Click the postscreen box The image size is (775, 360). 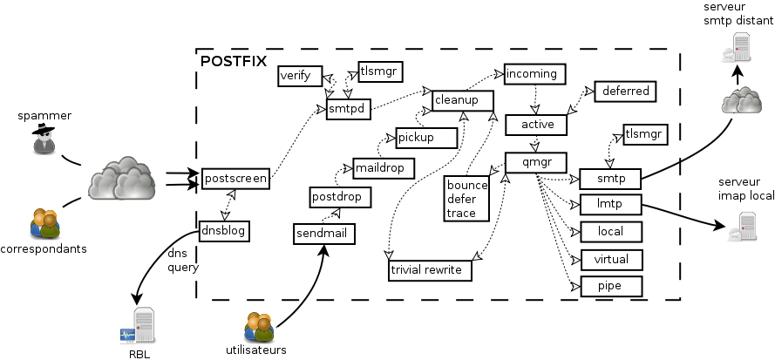coord(235,179)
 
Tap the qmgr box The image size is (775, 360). coord(536,162)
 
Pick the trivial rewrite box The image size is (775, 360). coord(430,271)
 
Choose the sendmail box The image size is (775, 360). coord(322,234)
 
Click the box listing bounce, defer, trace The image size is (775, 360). coord(467,199)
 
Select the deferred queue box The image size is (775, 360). coord(623,91)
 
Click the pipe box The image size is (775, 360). coord(610,286)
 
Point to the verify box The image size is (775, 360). coord(300,76)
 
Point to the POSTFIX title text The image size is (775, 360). coord(234,61)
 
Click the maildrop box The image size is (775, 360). coord(383,166)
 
